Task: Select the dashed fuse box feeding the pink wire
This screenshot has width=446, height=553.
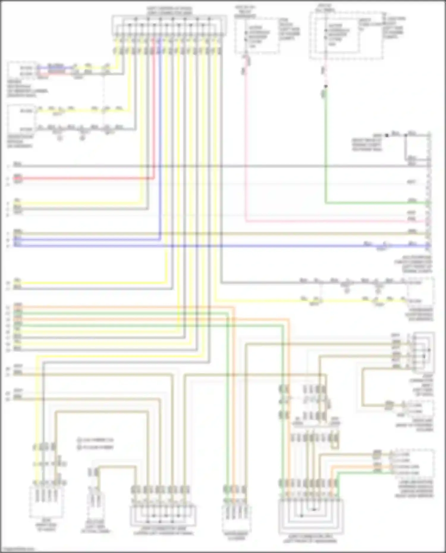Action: (x=257, y=35)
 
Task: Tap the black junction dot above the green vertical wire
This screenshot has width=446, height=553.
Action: (x=326, y=86)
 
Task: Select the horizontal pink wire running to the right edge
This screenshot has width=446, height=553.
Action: (x=327, y=221)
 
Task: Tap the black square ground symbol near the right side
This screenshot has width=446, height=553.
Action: (x=387, y=136)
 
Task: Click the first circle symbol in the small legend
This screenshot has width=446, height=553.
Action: (x=79, y=439)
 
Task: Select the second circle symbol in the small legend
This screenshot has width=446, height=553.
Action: (x=79, y=447)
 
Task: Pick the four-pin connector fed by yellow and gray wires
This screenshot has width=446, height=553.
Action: (x=46, y=502)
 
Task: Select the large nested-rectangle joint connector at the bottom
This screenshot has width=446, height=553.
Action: (x=311, y=517)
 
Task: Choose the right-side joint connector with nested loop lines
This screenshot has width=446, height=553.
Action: (x=424, y=352)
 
